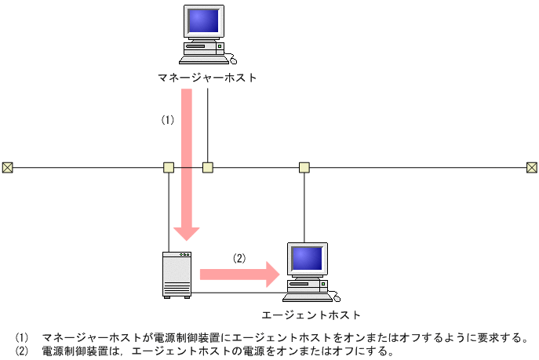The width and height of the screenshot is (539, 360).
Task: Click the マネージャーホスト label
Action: pyautogui.click(x=207, y=78)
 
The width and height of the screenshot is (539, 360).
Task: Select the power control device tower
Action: pyautogui.click(x=177, y=275)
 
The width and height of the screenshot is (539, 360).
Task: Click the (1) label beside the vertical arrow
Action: pyautogui.click(x=166, y=120)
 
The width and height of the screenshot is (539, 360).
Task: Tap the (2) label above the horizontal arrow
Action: pyautogui.click(x=239, y=257)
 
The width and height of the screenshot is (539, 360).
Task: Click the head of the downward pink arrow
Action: pyautogui.click(x=187, y=232)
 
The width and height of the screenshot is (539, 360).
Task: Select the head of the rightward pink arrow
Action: pyautogui.click(x=271, y=274)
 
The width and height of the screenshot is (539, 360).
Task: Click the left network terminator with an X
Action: pyautogui.click(x=7, y=167)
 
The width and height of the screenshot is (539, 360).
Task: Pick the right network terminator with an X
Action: pyautogui.click(x=531, y=167)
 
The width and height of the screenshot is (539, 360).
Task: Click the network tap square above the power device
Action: pyautogui.click(x=169, y=167)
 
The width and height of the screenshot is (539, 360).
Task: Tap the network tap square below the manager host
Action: pyautogui.click(x=208, y=167)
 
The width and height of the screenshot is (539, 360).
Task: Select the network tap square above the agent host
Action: pyautogui.click(x=304, y=167)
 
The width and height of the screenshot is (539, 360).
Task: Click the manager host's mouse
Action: pyautogui.click(x=231, y=60)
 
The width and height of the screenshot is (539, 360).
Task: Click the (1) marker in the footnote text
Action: pyautogui.click(x=21, y=338)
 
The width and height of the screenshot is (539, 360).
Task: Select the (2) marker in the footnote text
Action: pyautogui.click(x=21, y=351)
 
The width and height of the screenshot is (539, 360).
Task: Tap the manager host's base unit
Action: pyautogui.click(x=204, y=50)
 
